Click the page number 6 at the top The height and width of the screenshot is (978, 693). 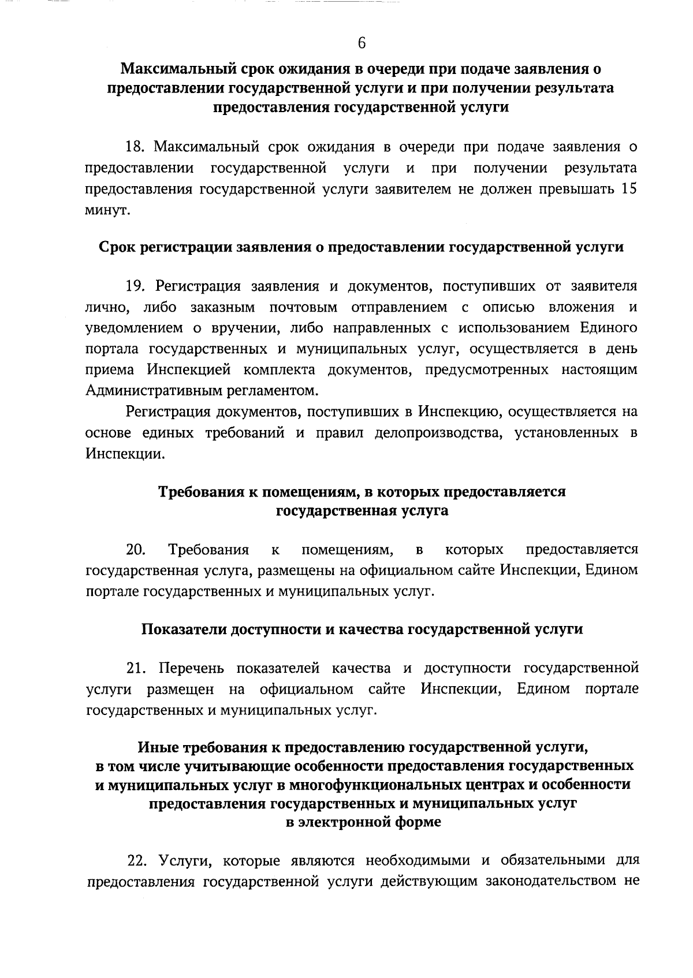pos(362,43)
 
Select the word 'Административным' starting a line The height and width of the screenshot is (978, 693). pos(147,391)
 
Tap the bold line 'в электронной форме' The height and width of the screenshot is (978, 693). pos(363,822)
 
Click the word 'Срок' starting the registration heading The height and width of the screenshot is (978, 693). pos(118,247)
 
